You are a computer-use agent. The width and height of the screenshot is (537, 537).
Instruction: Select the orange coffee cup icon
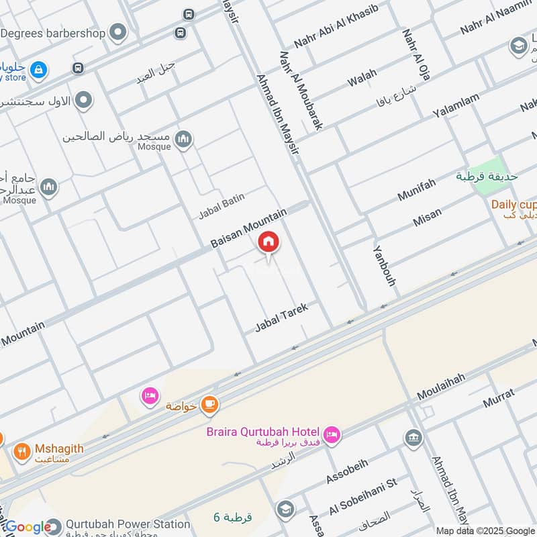coord(210,403)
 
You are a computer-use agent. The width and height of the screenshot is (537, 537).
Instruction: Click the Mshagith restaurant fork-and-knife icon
coord(23,452)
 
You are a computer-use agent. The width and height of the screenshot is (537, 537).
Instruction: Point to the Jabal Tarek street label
coord(281,318)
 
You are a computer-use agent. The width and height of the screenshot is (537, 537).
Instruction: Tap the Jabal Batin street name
coord(222,205)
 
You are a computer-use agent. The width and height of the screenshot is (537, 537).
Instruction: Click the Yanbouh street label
coord(384,264)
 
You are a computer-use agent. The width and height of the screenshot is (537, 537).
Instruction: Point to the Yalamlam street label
coord(456,107)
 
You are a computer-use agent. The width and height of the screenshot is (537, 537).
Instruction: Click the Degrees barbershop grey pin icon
coord(119,32)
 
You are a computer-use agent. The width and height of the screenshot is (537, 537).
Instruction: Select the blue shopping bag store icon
coord(39,69)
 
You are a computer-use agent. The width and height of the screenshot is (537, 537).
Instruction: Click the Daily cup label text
coord(514,204)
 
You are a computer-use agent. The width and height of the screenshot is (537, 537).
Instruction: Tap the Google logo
coord(28,527)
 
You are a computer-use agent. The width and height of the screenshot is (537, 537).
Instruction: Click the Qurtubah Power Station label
coord(127,524)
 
